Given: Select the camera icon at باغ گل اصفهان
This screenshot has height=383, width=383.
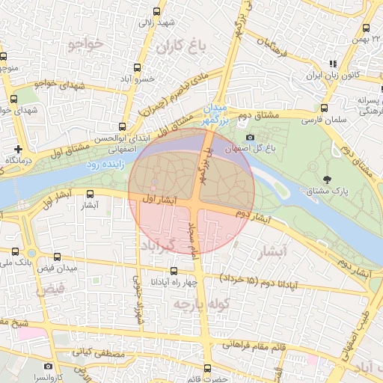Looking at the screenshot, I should pos(250,137).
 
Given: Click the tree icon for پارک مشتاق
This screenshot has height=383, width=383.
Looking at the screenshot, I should pos(328,178).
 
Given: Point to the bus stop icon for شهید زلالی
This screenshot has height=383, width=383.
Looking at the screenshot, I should pos(156,11).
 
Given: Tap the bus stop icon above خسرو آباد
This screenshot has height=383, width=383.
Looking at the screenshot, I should pos(139,67).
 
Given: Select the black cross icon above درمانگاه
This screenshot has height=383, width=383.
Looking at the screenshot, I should pos(18,149).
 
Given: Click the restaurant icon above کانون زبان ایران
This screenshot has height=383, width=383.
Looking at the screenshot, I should pos(333,64).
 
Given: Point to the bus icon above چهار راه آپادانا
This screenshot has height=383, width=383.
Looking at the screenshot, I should pos(174,271).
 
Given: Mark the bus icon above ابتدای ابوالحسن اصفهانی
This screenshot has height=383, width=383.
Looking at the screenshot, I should pos(122,126).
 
